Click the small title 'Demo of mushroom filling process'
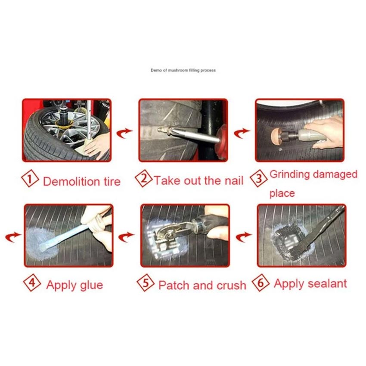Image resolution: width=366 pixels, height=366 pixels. (183, 70)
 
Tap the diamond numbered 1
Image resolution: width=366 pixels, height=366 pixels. (30, 178)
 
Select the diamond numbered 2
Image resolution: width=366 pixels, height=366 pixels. (144, 178)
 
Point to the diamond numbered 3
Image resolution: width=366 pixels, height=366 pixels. (259, 178)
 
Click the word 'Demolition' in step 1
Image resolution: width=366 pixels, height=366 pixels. (71, 182)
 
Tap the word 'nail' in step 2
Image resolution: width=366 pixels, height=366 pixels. (234, 181)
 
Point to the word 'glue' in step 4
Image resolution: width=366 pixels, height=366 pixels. (91, 285)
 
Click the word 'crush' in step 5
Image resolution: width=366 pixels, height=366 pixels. (231, 285)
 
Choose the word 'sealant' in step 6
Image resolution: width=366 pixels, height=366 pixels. (327, 284)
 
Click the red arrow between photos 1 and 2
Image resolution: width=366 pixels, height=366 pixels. (124, 133)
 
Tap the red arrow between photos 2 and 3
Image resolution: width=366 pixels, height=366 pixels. (242, 133)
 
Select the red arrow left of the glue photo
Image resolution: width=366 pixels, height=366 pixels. (13, 237)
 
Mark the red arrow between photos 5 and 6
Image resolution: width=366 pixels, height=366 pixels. (244, 237)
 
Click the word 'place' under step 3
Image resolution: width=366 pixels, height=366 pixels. (282, 193)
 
